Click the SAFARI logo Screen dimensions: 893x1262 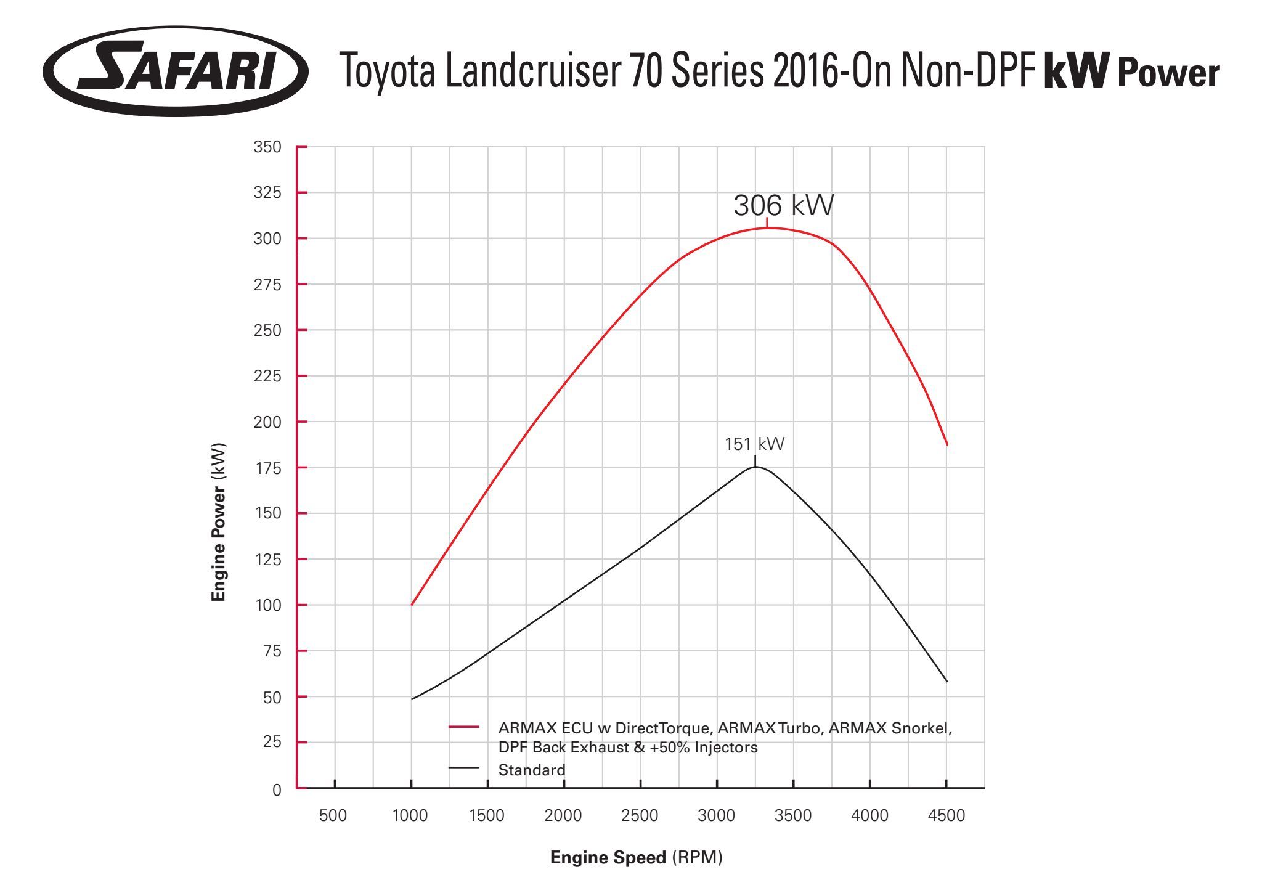[176, 71]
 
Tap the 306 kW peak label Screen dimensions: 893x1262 [783, 205]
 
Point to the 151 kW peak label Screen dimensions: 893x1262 [754, 444]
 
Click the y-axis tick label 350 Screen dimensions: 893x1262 [267, 147]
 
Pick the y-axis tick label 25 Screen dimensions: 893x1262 [272, 742]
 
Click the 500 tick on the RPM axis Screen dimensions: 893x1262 [333, 816]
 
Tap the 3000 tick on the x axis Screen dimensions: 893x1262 [716, 816]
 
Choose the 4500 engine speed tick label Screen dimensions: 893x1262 [946, 816]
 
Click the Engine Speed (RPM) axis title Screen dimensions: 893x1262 [636, 858]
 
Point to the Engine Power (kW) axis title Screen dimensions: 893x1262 [219, 522]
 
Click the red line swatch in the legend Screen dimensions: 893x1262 [463, 728]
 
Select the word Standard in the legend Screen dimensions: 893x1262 [531, 770]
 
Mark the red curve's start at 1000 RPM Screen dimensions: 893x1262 [412, 605]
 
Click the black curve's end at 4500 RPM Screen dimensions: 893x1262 [946, 682]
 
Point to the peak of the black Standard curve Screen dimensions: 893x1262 [755, 467]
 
